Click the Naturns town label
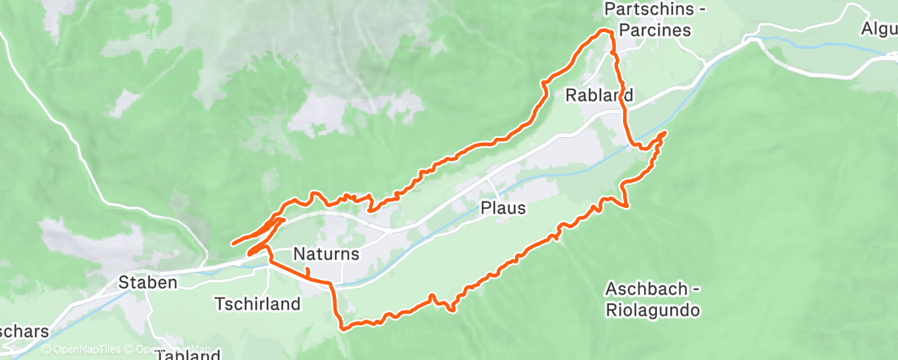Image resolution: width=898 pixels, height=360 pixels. pos(326,254)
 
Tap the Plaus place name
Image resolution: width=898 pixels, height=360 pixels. pos(503,209)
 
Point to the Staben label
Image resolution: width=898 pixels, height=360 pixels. pos(148,282)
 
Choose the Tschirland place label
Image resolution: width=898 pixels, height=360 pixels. pos(257,304)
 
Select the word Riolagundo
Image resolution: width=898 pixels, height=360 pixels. pos(652,310)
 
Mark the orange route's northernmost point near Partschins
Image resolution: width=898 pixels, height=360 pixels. pos(607,30)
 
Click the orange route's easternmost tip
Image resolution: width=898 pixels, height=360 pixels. pos(665,132)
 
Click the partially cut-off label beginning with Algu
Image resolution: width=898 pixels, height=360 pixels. pos(879,28)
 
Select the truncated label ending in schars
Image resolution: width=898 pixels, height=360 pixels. pos(23,331)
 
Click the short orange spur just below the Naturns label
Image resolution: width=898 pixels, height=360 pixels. pos(307,272)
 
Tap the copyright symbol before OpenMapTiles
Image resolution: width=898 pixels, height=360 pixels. pos(45,349)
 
